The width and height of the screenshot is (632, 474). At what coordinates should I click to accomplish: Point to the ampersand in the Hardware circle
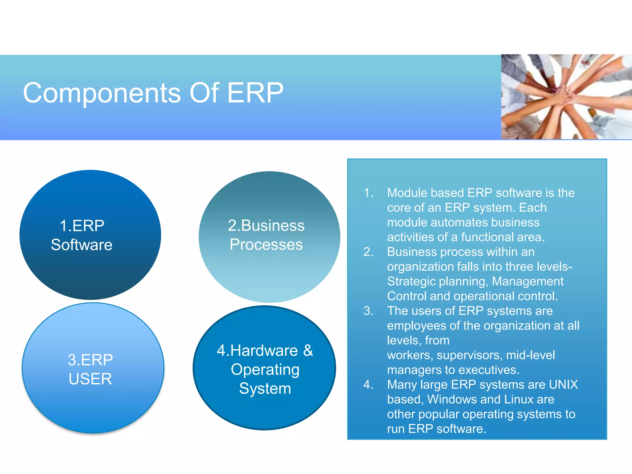click(308, 351)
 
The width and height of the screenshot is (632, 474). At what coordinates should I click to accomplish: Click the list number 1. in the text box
click(368, 193)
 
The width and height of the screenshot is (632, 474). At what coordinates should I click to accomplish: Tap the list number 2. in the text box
click(368, 252)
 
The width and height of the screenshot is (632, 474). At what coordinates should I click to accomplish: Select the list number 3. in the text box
click(368, 311)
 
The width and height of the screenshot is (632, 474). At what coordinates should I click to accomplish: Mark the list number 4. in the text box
click(368, 385)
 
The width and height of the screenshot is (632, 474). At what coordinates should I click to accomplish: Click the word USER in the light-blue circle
click(90, 379)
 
